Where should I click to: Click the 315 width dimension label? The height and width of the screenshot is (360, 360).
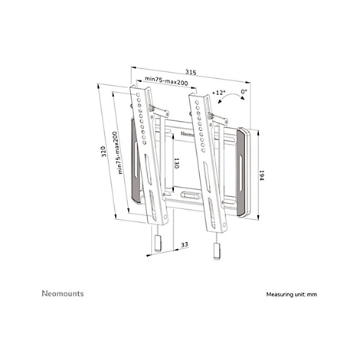(191, 72)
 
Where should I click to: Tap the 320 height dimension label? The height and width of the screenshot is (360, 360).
(103, 152)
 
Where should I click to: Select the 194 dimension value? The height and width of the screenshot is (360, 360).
(261, 175)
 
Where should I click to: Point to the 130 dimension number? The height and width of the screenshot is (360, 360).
(176, 163)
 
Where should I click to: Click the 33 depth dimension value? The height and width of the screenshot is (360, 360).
(185, 244)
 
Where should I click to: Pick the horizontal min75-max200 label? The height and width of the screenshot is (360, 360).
(166, 80)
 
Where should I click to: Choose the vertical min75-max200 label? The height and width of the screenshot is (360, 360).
(117, 152)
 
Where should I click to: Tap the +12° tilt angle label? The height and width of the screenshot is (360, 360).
(218, 92)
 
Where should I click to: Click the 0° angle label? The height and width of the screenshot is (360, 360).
(244, 91)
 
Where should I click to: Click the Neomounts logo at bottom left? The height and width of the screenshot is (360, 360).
(63, 293)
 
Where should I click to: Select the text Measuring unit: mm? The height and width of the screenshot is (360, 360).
(292, 294)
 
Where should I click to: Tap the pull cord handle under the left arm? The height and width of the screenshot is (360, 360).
(158, 244)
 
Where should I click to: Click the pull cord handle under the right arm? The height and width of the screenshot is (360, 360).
(217, 251)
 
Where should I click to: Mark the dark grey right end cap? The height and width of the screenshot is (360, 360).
(241, 173)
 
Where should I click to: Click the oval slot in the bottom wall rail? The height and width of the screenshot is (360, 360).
(190, 195)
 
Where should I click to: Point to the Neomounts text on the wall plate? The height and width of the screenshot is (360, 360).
(188, 134)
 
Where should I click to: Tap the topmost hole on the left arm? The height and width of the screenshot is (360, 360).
(138, 95)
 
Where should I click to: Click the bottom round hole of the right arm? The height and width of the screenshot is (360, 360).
(224, 225)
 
